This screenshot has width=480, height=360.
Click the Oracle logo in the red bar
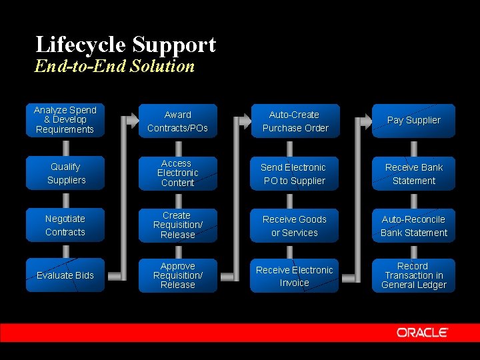click(423, 332)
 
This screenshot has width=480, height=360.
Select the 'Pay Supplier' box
click(413, 121)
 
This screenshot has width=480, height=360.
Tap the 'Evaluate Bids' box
click(65, 275)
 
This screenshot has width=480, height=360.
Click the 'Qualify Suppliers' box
click(65, 173)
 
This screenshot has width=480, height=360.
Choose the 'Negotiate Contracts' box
click(65, 225)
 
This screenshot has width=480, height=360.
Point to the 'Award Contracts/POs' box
click(177, 121)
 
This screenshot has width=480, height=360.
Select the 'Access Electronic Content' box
click(177, 173)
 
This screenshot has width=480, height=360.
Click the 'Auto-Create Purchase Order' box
click(295, 121)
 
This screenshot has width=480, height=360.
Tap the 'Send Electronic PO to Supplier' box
click(295, 173)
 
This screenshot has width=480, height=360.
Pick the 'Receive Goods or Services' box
click(295, 225)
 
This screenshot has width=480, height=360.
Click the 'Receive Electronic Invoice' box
click(295, 275)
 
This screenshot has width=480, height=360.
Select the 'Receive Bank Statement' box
click(413, 173)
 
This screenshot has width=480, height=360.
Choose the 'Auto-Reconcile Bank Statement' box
click(413, 225)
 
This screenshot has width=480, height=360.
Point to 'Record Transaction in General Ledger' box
click(413, 275)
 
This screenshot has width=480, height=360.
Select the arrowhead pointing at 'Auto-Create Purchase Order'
click(243, 121)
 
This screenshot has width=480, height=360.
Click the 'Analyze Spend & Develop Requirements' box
click(65, 121)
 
